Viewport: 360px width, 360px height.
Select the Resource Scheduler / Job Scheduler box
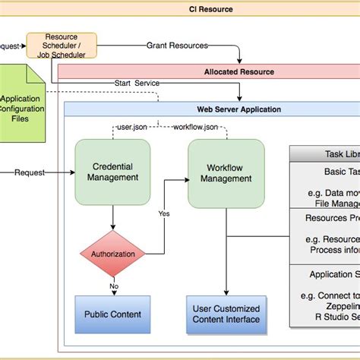click(62, 45)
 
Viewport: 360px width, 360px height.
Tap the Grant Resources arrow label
click(177, 46)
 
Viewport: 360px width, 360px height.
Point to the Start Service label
click(137, 83)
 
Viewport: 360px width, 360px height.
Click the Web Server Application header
click(238, 109)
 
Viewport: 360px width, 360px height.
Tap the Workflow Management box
click(226, 172)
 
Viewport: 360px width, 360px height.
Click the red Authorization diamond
click(112, 254)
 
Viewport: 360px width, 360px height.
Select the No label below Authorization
click(113, 286)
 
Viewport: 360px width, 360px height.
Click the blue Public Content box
click(112, 314)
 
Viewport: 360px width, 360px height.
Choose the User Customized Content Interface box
click(226, 314)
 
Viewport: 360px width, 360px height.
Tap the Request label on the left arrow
click(30, 172)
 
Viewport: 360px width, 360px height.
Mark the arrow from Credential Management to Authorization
click(112, 219)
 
